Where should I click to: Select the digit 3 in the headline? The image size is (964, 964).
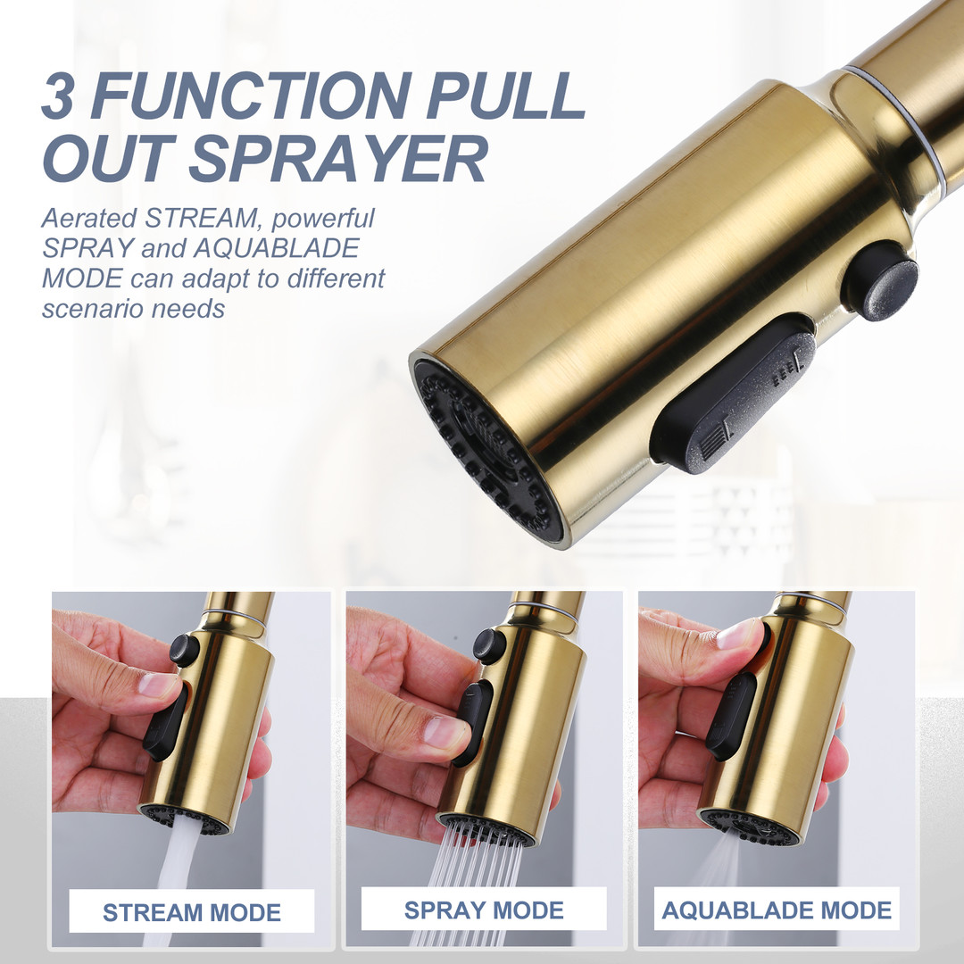click(x=60, y=96)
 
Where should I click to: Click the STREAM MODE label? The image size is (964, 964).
click(x=191, y=912)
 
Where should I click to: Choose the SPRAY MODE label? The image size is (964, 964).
click(x=484, y=910)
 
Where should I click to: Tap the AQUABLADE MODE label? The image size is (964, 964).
click(x=777, y=910)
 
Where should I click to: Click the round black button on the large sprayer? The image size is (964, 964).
click(x=880, y=281)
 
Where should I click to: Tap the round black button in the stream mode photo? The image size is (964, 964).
click(x=184, y=649)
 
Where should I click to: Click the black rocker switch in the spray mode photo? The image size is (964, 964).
click(x=473, y=722)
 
